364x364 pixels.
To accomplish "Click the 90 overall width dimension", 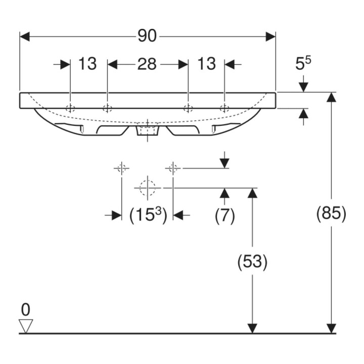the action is pyautogui.click(x=147, y=36).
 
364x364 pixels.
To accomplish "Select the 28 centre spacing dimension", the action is pyautogui.click(x=147, y=64).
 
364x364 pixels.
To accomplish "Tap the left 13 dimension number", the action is pyautogui.click(x=87, y=64).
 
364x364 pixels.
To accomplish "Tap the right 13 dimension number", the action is pyautogui.click(x=206, y=64).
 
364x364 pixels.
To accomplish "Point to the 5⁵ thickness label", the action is pyautogui.click(x=303, y=63).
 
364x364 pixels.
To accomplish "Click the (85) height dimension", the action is pyautogui.click(x=331, y=213).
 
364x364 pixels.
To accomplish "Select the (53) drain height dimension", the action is pyautogui.click(x=252, y=261).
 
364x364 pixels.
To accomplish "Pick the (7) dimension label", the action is pyautogui.click(x=224, y=216).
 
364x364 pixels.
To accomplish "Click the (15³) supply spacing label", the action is pyautogui.click(x=148, y=215).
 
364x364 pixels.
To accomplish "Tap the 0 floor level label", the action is pyautogui.click(x=26, y=310).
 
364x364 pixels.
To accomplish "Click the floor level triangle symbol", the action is pyautogui.click(x=26, y=326).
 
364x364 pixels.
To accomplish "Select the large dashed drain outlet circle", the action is pyautogui.click(x=148, y=188).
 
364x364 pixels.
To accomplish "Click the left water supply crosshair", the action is pyautogui.click(x=121, y=168).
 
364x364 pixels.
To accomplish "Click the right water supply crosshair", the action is pyautogui.click(x=173, y=168).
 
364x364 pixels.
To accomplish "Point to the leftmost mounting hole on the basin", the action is pyautogui.click(x=70, y=108).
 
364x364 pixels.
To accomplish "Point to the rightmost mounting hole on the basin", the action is pyautogui.click(x=224, y=108).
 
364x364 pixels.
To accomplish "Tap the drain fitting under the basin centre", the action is pyautogui.click(x=148, y=130).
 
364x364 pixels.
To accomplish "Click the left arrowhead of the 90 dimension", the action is pyautogui.click(x=25, y=37).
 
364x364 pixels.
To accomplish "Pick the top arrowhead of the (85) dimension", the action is pyautogui.click(x=331, y=97).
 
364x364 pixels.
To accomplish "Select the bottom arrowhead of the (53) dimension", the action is pyautogui.click(x=252, y=329).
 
